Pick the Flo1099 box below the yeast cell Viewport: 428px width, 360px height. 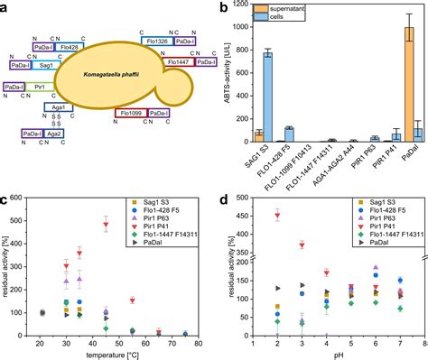pyautogui.click(x=130, y=113)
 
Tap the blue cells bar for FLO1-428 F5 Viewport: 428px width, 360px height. pyautogui.click(x=289, y=134)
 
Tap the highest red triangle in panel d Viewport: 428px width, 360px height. pyautogui.click(x=277, y=215)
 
